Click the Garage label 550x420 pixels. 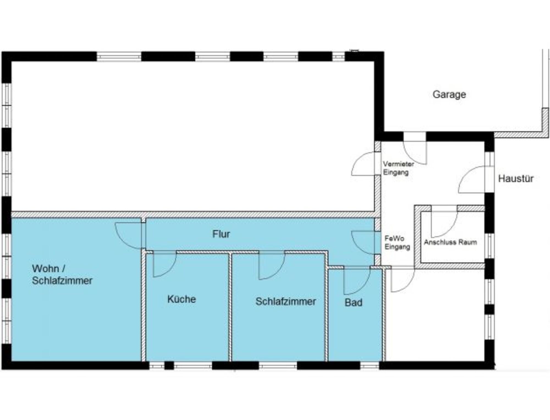click(x=449, y=94)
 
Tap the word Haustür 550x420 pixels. click(x=516, y=179)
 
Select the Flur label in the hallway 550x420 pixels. click(x=221, y=234)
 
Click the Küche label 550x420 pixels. click(x=182, y=299)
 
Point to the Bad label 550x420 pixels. click(x=353, y=302)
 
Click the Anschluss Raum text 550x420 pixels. click(x=450, y=242)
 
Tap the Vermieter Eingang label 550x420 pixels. click(x=398, y=168)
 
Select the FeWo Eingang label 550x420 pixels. click(x=397, y=243)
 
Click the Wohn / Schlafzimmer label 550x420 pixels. click(x=62, y=274)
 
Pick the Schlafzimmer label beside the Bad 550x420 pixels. click(x=286, y=301)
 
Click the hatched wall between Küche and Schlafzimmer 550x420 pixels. click(x=230, y=307)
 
